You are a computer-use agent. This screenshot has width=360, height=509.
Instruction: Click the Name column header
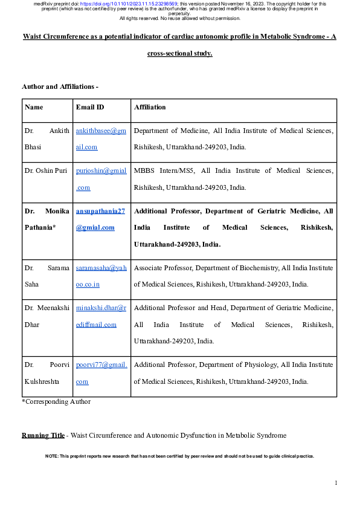click(34, 107)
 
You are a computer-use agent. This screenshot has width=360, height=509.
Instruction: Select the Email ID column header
click(89, 107)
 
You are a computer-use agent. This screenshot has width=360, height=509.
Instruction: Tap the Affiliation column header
click(150, 107)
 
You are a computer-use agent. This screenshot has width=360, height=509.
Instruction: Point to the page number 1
click(336, 482)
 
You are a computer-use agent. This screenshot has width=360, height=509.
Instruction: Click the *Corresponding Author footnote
click(56, 401)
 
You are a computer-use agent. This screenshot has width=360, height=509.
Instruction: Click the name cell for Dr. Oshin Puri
click(47, 171)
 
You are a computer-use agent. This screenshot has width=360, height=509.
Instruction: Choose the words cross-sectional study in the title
click(179, 53)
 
